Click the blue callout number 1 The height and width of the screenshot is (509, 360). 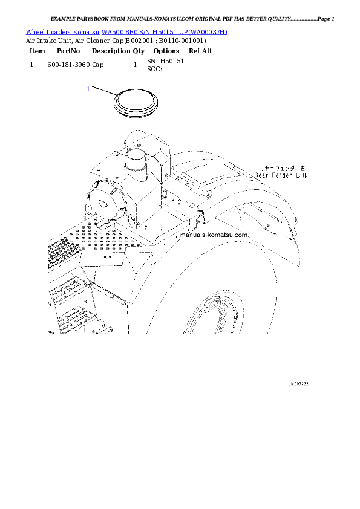88,89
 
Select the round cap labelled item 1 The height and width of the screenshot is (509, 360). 135,103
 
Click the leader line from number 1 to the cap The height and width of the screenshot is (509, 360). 103,92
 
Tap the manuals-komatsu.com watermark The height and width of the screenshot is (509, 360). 215,235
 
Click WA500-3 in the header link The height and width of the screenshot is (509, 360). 115,31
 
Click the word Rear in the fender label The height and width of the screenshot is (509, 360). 262,175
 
